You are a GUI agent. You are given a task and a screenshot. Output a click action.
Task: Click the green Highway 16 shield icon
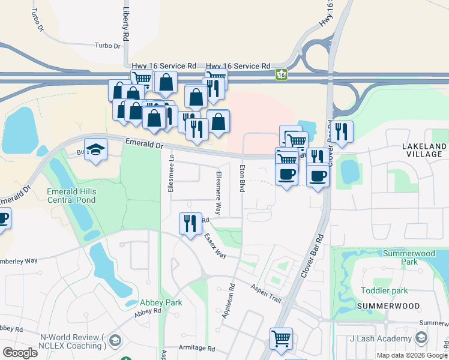(281, 74)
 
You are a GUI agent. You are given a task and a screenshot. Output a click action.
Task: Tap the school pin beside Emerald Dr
(95, 149)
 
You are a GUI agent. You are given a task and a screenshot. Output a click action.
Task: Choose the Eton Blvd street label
(242, 178)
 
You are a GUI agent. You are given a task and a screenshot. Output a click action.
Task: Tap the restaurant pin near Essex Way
(190, 224)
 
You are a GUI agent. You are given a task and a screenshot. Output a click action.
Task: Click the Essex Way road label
(214, 246)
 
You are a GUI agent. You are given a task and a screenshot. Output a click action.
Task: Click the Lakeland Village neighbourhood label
(424, 150)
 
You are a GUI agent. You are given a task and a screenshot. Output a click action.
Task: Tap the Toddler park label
(384, 291)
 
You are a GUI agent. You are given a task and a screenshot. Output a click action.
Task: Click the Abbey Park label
(161, 302)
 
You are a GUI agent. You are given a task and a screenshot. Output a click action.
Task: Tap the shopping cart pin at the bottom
(281, 339)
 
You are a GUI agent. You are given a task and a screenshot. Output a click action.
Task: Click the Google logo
(20, 353)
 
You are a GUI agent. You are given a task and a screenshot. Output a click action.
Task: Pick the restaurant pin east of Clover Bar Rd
(342, 132)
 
